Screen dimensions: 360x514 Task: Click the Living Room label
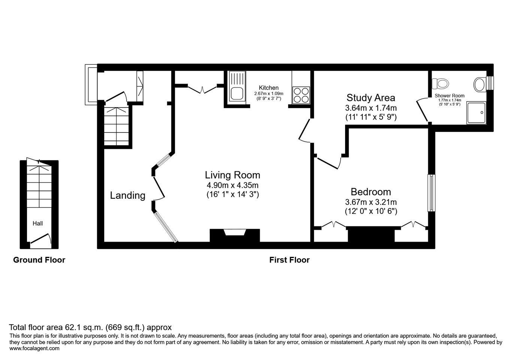[x=232, y=175]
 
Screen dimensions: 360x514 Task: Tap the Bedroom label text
[x=371, y=192]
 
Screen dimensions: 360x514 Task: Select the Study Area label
[x=371, y=98]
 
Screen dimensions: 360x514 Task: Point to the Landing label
[x=127, y=195]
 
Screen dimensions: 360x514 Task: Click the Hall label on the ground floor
[x=37, y=223]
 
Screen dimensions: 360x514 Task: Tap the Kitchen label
[x=269, y=88]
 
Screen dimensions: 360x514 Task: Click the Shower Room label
[x=450, y=96]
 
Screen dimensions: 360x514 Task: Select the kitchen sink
[x=237, y=87]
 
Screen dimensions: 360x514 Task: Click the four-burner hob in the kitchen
[x=301, y=94]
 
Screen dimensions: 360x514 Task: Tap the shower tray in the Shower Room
[x=476, y=112]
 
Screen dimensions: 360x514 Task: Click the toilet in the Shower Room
[x=440, y=83]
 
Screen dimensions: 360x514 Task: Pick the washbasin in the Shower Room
[x=480, y=84]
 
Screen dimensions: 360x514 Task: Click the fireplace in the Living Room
[x=235, y=235]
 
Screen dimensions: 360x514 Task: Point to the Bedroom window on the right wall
[x=432, y=193]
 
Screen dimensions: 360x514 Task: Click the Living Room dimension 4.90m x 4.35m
[x=232, y=185]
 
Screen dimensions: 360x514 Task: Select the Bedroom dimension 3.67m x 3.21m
[x=371, y=202]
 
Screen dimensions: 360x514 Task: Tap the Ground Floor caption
[x=39, y=260]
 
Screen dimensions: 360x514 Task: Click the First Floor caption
[x=289, y=260]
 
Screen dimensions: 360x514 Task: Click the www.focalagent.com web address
[x=34, y=348]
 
